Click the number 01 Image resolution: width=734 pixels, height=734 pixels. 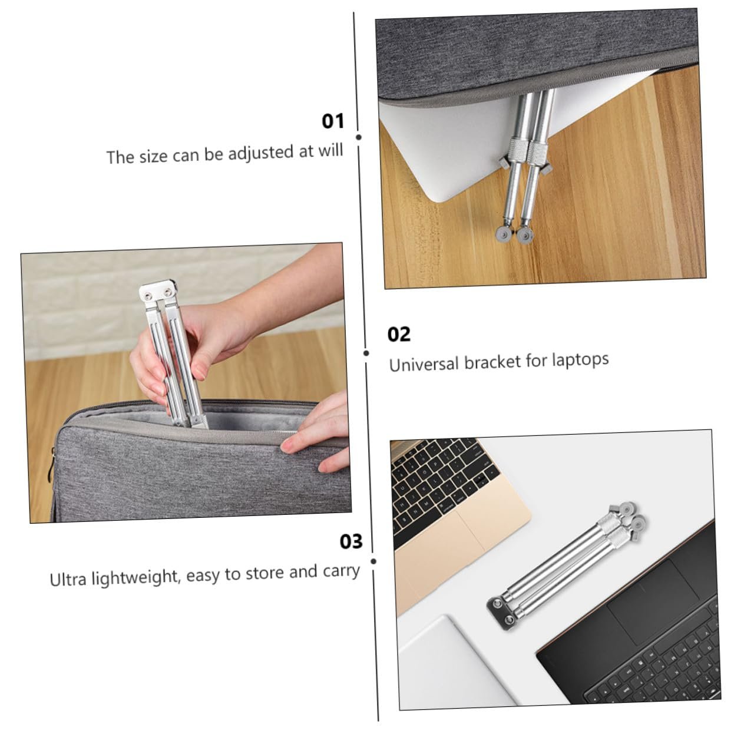332,121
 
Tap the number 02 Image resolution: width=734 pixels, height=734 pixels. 399,335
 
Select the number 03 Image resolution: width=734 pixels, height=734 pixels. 351,541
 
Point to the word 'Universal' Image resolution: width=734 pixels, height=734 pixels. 424,364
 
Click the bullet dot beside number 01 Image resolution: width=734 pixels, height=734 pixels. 358,137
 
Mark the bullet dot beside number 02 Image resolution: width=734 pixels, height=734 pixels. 366,353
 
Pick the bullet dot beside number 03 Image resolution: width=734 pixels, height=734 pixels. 373,561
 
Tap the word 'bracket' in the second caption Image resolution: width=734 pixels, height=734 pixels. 492,362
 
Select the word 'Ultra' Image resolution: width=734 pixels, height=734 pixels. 68,579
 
